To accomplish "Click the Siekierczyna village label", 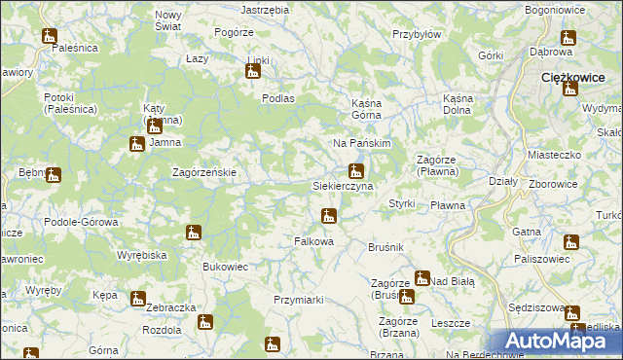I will pyautogui.click(x=342, y=185).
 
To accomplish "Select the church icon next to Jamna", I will pyautogui.click(x=137, y=144).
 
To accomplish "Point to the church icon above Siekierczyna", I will pyautogui.click(x=356, y=171).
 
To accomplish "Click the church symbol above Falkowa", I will pyautogui.click(x=329, y=215).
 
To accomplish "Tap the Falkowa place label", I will pyautogui.click(x=314, y=241).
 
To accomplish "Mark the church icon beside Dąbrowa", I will pyautogui.click(x=568, y=38).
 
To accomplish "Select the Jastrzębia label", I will pyautogui.click(x=265, y=9).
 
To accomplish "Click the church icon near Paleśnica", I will pyautogui.click(x=50, y=36).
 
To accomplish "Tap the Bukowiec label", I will pyautogui.click(x=225, y=266).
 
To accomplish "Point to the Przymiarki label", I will pyautogui.click(x=299, y=300).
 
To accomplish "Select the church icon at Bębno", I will pyautogui.click(x=53, y=175).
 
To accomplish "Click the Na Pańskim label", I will pyautogui.click(x=361, y=143).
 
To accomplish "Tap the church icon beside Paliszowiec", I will pyautogui.click(x=571, y=242).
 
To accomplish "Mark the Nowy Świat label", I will pyautogui.click(x=168, y=20).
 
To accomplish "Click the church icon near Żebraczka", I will pyautogui.click(x=137, y=298).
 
